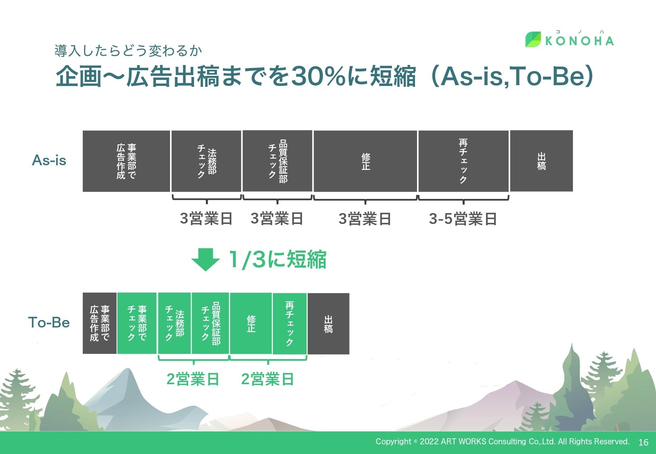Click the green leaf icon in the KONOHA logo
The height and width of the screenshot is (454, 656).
[x=533, y=39]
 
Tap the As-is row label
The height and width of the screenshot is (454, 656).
[x=49, y=160]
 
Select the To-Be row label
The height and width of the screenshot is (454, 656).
[x=49, y=322]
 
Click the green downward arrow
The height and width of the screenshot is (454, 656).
[x=205, y=259]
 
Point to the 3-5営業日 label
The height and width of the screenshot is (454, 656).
[x=463, y=219]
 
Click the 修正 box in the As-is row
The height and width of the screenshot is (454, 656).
[x=365, y=161]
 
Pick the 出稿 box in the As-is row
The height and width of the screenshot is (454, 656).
[x=541, y=161]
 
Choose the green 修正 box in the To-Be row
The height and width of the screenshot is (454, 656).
[x=251, y=323]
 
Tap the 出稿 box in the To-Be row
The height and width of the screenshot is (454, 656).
[x=328, y=323]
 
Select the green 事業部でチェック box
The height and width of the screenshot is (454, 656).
[x=137, y=323]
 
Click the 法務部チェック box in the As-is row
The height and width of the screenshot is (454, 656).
[x=206, y=161]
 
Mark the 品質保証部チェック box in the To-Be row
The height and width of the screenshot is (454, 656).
[x=210, y=323]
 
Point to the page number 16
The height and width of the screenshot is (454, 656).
[x=643, y=442]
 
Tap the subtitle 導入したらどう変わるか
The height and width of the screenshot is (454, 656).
[x=128, y=50]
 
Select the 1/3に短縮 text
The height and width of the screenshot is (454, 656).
[x=277, y=259]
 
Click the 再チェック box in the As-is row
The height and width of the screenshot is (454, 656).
[x=463, y=161]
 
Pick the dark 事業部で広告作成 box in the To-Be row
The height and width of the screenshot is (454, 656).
[x=100, y=323]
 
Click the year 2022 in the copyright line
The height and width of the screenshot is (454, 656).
[x=429, y=441]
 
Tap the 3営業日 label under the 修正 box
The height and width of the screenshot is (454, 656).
[x=365, y=219]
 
